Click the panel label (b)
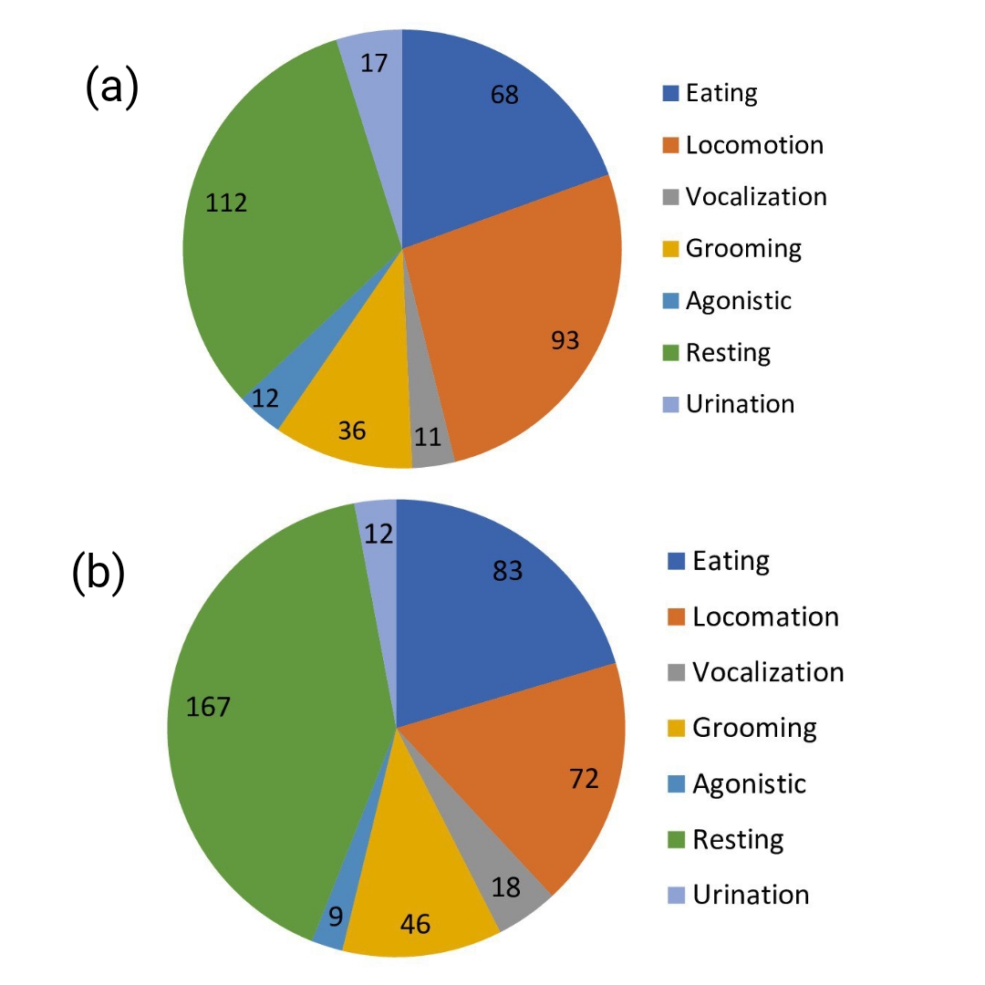(98, 575)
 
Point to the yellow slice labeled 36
(351, 430)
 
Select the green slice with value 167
(264, 730)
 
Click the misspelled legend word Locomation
(765, 617)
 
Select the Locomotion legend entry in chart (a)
(754, 145)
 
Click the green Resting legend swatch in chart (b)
(676, 839)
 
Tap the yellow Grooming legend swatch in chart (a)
(670, 249)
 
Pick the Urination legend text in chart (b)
(751, 895)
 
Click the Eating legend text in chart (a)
(721, 93)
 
